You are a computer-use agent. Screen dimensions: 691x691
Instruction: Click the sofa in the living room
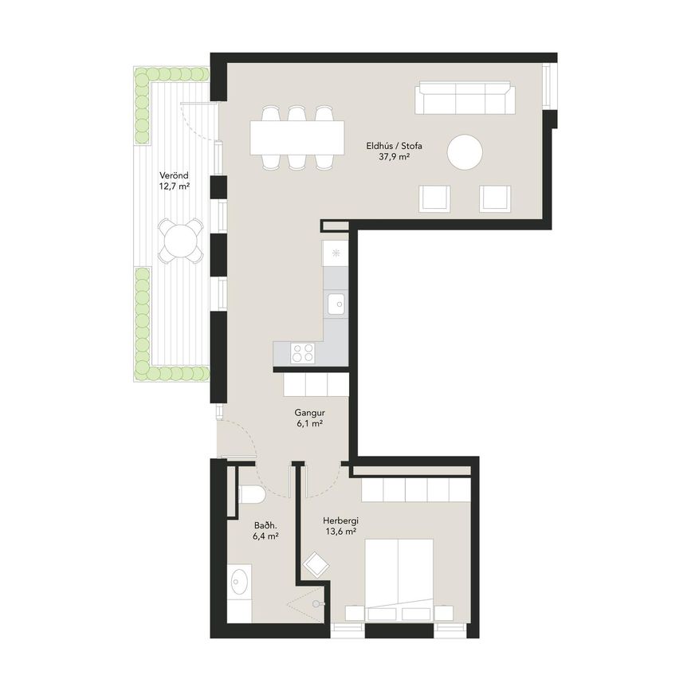465,97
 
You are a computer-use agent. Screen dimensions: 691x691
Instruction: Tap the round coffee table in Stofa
465,152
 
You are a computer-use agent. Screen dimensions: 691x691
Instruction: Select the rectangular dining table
297,138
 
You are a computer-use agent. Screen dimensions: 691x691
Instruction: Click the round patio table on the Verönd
181,240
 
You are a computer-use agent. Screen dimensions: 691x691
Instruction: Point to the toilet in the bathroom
250,494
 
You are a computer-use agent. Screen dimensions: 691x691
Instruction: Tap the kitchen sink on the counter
337,304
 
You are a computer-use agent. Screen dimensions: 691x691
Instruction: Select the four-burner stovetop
303,353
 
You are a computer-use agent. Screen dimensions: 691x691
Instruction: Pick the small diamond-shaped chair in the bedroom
317,565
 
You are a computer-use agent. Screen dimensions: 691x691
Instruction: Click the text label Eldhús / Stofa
395,146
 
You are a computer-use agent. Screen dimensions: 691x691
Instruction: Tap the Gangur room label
310,414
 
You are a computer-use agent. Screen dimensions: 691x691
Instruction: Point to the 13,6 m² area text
340,532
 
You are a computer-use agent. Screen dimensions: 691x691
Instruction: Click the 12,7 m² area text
175,186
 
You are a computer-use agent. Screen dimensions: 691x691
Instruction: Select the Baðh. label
265,525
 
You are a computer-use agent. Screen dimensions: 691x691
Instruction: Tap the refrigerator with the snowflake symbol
336,253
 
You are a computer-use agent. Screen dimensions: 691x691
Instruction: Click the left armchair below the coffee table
434,198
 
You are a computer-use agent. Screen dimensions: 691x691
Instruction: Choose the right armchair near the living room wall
495,198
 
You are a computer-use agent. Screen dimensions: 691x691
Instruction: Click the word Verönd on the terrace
174,175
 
